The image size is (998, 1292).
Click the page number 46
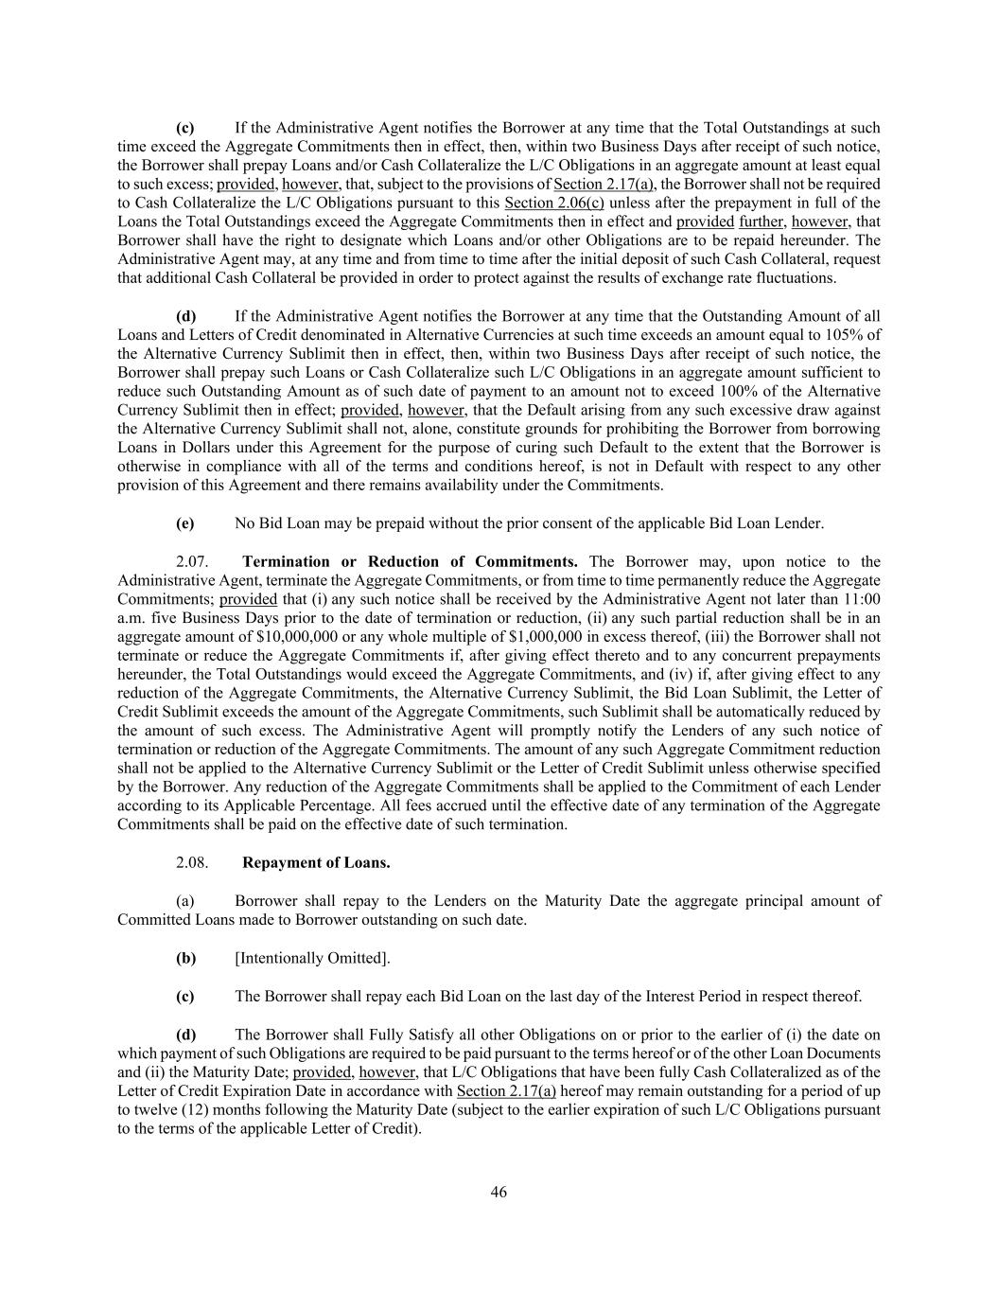[x=499, y=1192]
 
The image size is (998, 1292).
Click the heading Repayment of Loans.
[x=316, y=862]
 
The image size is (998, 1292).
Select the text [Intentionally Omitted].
[x=312, y=958]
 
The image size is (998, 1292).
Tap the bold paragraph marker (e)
[x=185, y=523]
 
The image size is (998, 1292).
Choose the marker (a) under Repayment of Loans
[x=185, y=900]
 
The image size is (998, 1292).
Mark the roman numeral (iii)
[x=714, y=636]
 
